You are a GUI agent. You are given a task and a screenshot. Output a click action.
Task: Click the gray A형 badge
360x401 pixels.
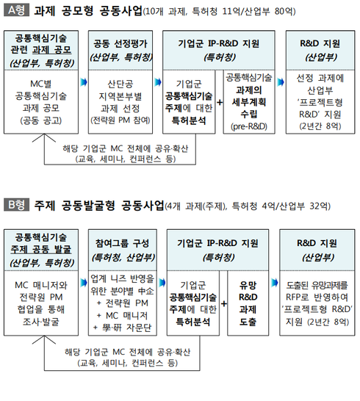tap(16, 10)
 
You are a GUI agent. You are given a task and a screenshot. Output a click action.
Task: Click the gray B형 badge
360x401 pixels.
tap(16, 205)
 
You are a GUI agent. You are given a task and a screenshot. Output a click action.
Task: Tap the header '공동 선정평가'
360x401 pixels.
tap(120, 44)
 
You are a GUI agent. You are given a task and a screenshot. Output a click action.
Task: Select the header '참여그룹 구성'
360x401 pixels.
tap(122, 243)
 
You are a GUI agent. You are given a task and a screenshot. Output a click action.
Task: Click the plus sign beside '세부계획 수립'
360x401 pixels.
tap(220, 102)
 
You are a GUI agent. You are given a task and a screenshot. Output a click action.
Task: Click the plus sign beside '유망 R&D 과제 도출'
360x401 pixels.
tap(223, 303)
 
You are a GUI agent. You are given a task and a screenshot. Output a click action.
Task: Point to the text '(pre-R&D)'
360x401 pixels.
tap(249, 126)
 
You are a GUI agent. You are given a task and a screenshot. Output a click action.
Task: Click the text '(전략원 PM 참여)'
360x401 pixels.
tap(120, 120)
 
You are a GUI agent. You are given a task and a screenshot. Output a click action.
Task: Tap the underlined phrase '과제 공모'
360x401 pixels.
tap(51, 50)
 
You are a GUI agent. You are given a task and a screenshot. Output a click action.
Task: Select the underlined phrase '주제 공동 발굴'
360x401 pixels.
tap(41, 250)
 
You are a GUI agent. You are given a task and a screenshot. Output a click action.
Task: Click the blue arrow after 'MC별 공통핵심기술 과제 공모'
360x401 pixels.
tap(84, 82)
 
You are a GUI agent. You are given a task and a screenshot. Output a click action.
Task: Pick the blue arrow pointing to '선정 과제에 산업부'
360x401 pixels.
tap(281, 82)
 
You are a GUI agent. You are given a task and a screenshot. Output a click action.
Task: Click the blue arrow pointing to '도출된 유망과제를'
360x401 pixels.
tap(274, 283)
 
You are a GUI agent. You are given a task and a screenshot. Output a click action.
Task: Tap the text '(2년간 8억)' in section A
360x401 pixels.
tap(320, 126)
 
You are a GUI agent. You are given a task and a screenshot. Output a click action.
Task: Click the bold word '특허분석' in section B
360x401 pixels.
tap(193, 322)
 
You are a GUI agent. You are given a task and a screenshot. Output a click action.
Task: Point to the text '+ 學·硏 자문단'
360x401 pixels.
tap(123, 328)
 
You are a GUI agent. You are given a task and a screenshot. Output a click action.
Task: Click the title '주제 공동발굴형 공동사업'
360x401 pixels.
tap(98, 206)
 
